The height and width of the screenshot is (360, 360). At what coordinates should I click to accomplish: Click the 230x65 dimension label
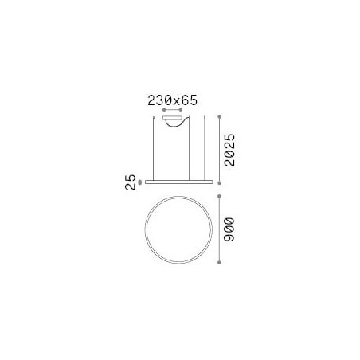pyautogui.click(x=173, y=100)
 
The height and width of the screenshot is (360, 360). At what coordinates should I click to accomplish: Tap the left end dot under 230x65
pyautogui.click(x=164, y=110)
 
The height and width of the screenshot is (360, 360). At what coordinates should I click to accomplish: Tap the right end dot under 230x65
pyautogui.click(x=181, y=110)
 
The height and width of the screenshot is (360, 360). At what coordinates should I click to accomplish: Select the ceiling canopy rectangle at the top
pyautogui.click(x=172, y=118)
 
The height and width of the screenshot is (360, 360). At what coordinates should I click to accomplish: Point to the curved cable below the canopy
pyautogui.click(x=178, y=126)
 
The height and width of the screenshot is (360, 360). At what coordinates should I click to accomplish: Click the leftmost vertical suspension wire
pyautogui.click(x=153, y=148)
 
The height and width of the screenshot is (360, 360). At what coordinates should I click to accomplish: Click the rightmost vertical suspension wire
pyautogui.click(x=205, y=148)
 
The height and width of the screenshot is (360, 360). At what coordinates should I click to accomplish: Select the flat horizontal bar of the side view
pyautogui.click(x=179, y=182)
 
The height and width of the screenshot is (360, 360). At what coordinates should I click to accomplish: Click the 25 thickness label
pyautogui.click(x=130, y=182)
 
